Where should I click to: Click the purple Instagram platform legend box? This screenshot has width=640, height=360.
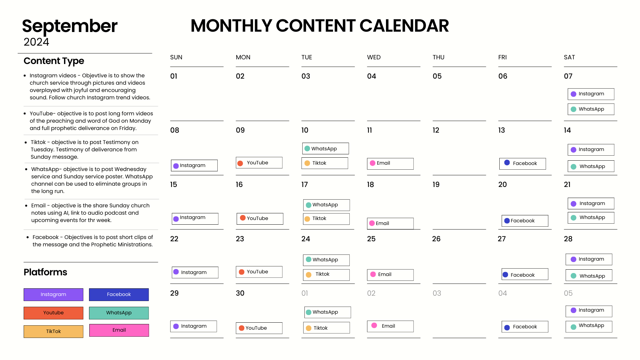53,294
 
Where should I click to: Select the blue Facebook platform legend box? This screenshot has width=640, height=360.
119,294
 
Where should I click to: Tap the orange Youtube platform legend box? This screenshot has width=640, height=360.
53,313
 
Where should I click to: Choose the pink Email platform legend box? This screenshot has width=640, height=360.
119,330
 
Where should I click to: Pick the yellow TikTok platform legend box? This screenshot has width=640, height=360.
53,331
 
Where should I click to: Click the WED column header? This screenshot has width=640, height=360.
374,57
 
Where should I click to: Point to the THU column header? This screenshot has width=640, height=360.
438,57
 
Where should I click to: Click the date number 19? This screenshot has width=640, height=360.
436,184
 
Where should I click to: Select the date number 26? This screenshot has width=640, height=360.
436,239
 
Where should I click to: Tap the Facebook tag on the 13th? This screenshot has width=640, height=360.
522,163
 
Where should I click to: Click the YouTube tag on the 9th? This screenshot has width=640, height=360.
259,163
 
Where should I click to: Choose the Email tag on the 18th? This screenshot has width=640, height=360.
390,223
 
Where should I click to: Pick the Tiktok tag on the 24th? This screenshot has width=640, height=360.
326,275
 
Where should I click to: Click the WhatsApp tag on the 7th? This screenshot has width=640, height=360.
591,109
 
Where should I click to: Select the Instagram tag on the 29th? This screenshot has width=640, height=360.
194,326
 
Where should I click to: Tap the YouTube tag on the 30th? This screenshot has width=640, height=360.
259,328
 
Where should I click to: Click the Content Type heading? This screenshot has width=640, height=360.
54,61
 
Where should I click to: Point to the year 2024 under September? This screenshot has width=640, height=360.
36,42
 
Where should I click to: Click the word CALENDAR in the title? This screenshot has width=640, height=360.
404,26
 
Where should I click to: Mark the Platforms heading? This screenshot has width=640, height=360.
45,272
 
